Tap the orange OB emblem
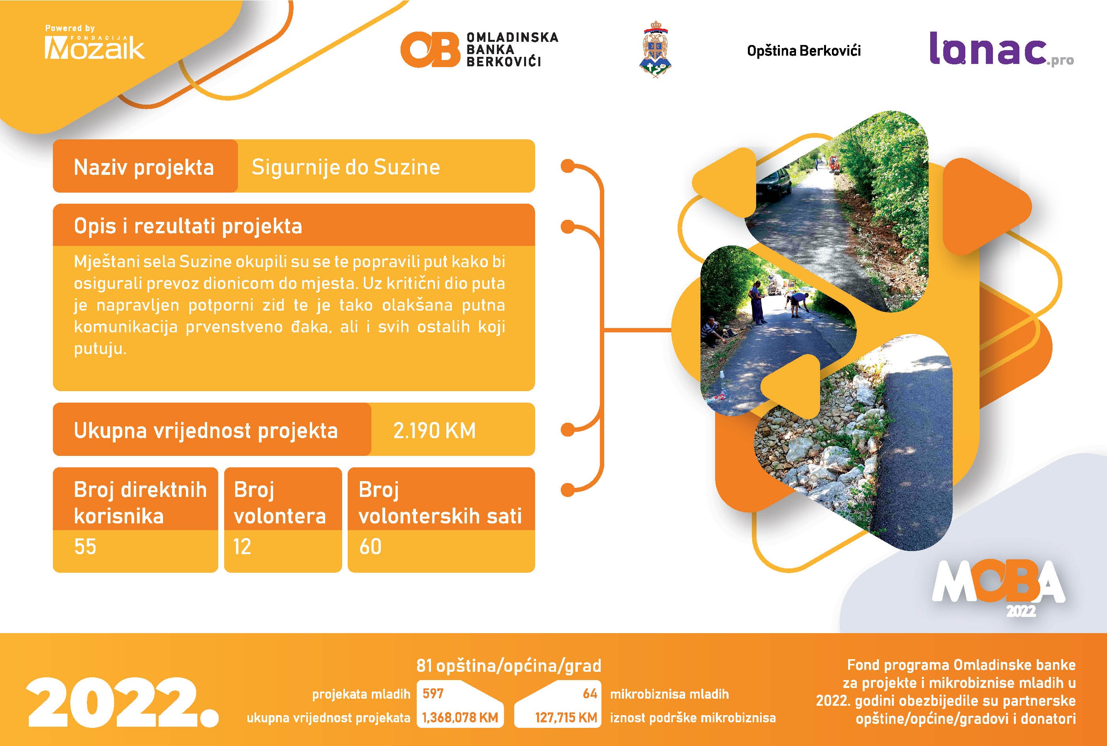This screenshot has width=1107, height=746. point(430,49)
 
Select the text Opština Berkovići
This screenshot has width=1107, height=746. point(804,51)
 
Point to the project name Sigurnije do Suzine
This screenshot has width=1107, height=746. point(346,167)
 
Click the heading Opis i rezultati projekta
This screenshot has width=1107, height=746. point(188,226)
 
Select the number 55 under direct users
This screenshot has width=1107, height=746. point(85,547)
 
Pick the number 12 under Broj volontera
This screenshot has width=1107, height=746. point(242,547)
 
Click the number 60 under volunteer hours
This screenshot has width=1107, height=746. point(370,547)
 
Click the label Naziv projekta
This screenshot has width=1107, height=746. point(144,167)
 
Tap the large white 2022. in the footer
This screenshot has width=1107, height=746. point(123,702)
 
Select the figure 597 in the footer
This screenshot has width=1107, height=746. point(433,693)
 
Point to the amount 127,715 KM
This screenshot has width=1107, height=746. point(566,718)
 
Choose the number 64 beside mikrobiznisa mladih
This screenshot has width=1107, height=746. point(590,694)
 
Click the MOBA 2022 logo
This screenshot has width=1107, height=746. point(998,588)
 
